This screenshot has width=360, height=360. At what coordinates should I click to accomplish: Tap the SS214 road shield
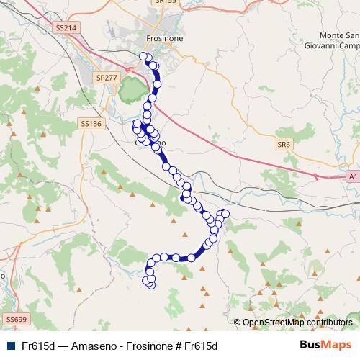65,27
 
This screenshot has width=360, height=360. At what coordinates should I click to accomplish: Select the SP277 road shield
107,77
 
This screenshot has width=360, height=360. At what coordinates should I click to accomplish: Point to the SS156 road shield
91,124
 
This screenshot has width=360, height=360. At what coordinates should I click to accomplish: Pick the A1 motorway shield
352,176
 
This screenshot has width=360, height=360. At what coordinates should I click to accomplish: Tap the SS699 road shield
15,318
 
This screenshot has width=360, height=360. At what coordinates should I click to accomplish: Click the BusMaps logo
325,345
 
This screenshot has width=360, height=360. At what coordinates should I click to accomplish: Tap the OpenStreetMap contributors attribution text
297,323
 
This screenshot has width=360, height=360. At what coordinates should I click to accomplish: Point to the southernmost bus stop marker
151,284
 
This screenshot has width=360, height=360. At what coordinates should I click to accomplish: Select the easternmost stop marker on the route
225,213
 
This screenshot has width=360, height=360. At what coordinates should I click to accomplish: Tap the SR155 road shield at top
166,2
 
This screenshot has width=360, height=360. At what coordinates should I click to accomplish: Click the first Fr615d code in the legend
39,346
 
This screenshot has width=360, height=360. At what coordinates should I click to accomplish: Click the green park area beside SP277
131,90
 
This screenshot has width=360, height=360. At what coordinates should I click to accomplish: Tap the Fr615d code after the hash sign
199,346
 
